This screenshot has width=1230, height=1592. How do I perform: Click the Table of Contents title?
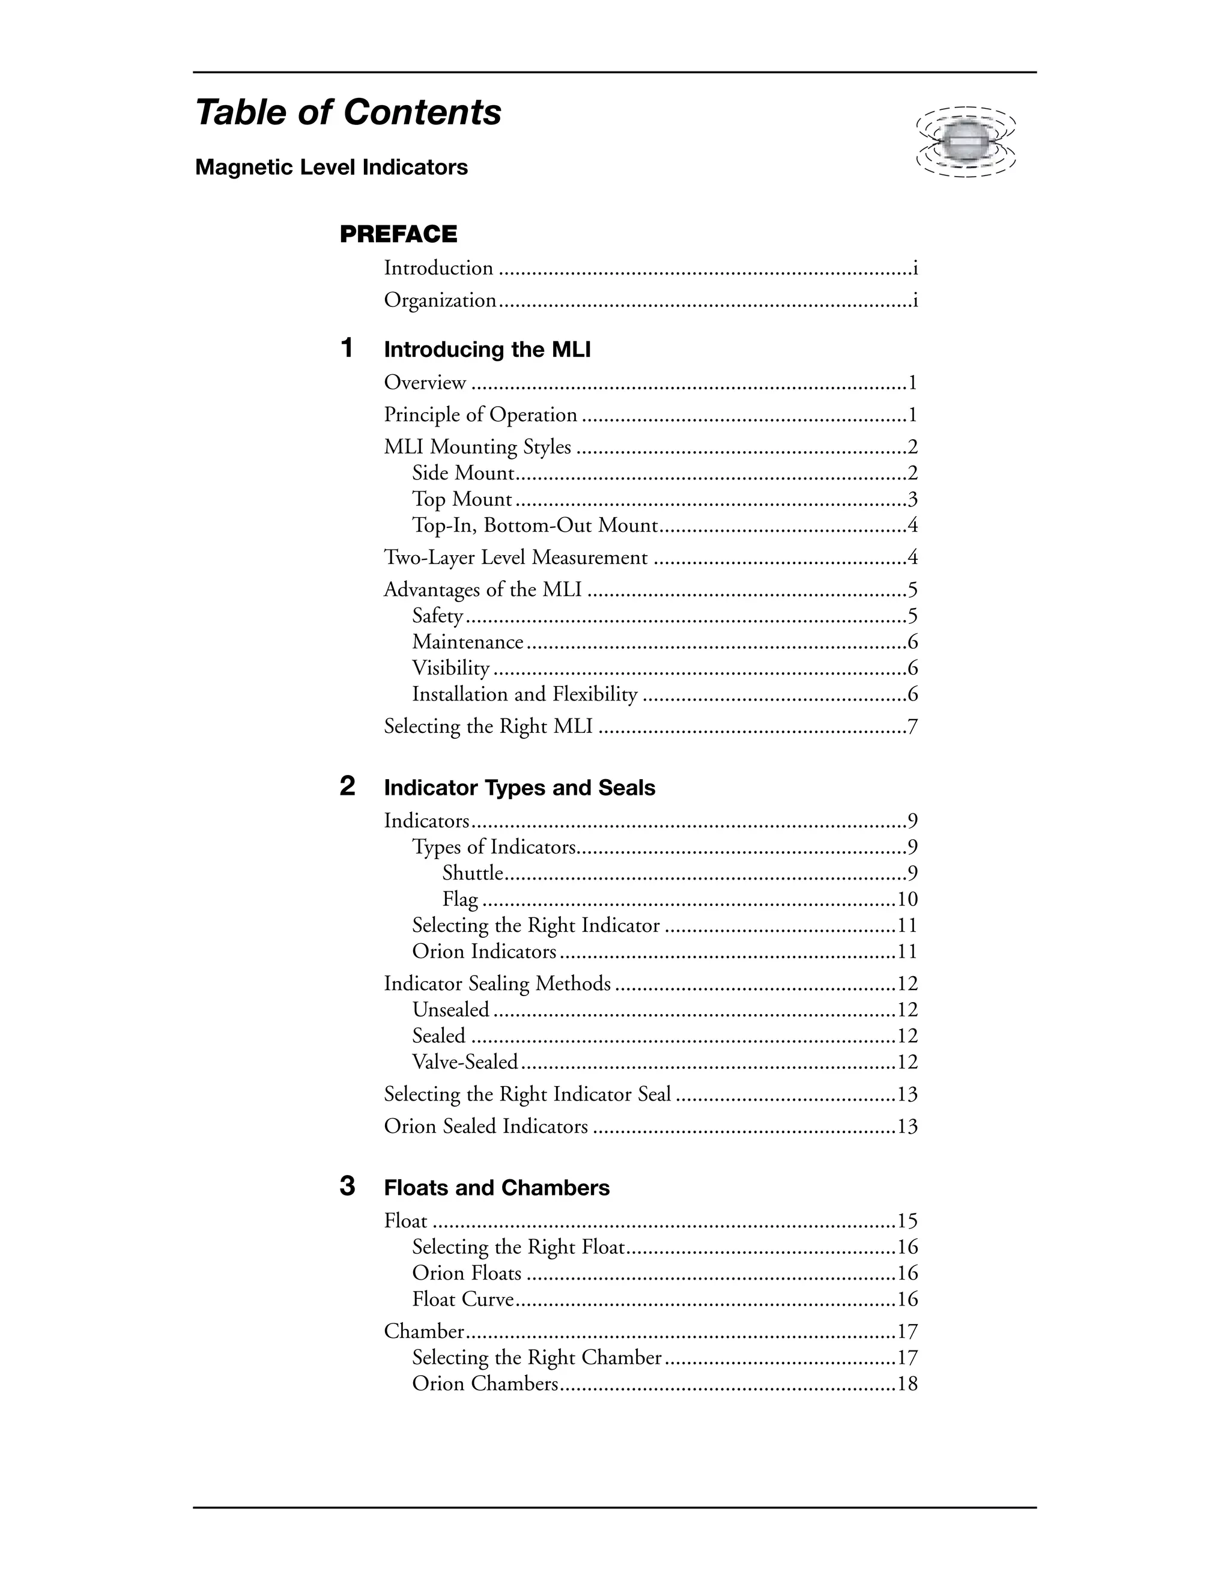click(x=348, y=113)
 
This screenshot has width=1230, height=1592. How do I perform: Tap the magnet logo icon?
click(x=966, y=142)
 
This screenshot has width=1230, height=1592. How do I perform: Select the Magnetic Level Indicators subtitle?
click(x=332, y=168)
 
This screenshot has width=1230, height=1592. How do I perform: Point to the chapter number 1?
click(x=348, y=348)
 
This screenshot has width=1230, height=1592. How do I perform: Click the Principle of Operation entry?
click(x=480, y=415)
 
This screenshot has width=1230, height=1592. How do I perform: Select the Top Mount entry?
click(x=462, y=499)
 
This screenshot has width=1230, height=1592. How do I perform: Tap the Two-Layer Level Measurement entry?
click(x=515, y=558)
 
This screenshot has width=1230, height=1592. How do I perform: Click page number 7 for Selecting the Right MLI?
click(x=912, y=727)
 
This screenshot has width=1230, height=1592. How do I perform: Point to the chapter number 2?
click(x=348, y=786)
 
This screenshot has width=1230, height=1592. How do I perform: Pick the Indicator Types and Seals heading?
click(x=520, y=788)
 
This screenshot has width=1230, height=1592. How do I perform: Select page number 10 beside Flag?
click(x=907, y=899)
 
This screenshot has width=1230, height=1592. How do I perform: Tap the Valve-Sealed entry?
click(x=465, y=1062)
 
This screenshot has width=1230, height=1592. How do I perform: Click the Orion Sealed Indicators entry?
click(x=485, y=1126)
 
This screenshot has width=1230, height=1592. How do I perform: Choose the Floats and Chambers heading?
click(x=496, y=1188)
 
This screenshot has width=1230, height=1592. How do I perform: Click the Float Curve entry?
click(x=462, y=1299)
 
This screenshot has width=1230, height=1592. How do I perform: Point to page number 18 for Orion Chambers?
click(x=907, y=1384)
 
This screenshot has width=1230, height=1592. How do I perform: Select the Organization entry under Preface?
click(x=440, y=300)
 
